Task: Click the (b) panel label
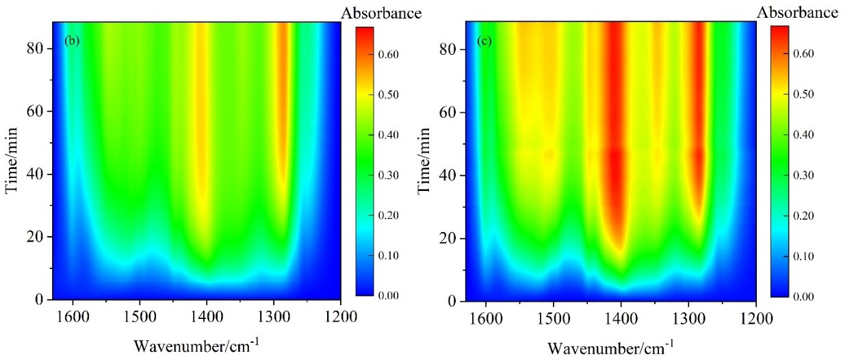coord(72,40)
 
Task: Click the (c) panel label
coord(484,41)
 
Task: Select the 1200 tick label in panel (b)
coord(341,316)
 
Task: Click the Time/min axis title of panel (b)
coord(13,161)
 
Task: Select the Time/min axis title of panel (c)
coord(425,162)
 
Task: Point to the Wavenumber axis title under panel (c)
coord(610,346)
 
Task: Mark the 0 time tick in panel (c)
coord(452,301)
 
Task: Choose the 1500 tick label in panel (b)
coord(140,316)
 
